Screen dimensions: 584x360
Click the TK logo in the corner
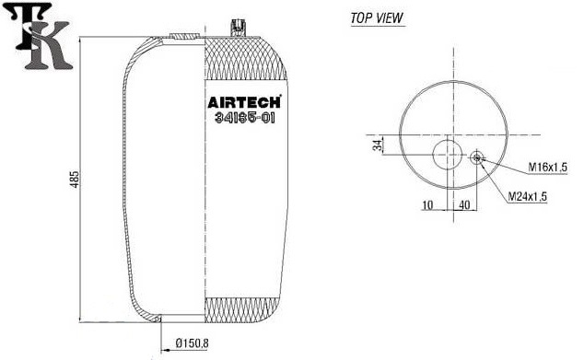click(x=41, y=37)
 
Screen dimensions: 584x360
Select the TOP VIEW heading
click(x=377, y=17)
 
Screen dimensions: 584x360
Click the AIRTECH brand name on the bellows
click(x=244, y=102)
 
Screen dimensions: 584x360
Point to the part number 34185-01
click(x=245, y=118)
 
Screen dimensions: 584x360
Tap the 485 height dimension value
click(x=75, y=179)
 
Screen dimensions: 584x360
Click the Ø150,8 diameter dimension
click(x=192, y=343)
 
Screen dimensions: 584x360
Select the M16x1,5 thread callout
click(x=547, y=168)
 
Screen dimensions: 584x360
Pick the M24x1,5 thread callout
click(x=528, y=196)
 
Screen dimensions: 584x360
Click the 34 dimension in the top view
click(x=378, y=145)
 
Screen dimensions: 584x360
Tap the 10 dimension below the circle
click(x=427, y=204)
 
